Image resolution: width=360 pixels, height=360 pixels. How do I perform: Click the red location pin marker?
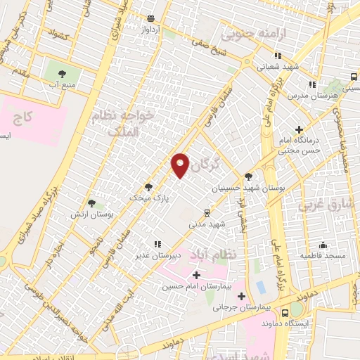(x=180, y=165)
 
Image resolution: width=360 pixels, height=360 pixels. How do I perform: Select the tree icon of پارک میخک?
(x=148, y=187)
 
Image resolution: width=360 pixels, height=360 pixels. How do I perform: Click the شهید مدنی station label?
(x=206, y=224)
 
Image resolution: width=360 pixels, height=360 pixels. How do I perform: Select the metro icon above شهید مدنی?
(x=206, y=212)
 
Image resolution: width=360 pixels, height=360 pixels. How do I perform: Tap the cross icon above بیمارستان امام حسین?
(x=195, y=275)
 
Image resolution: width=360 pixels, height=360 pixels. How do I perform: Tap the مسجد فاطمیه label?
(x=323, y=256)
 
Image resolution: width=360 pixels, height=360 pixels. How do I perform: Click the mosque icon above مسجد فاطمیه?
(x=323, y=245)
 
